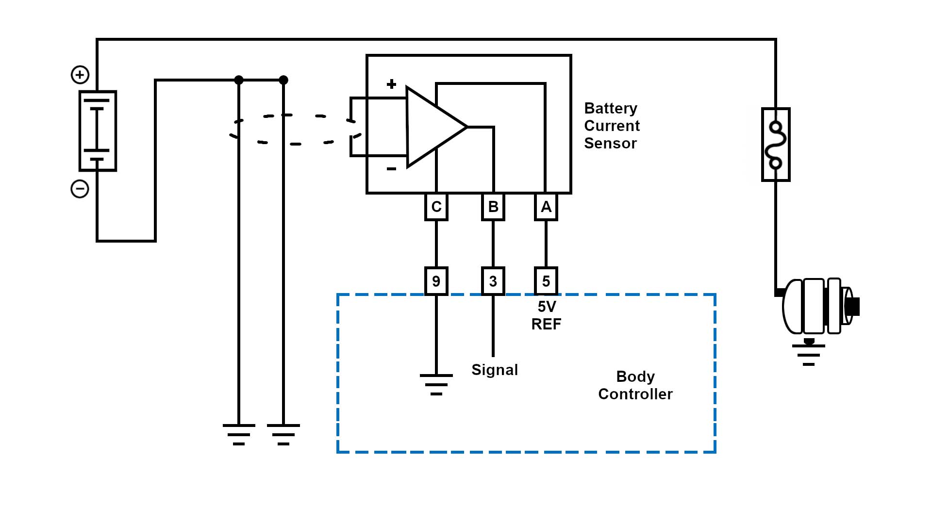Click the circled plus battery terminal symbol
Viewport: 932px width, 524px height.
point(80,75)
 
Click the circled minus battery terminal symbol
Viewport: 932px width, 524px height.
point(80,189)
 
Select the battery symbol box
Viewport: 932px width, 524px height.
point(98,131)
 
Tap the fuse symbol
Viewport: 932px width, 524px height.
point(776,145)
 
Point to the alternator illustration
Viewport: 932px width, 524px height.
point(818,306)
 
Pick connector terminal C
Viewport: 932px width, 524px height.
point(436,207)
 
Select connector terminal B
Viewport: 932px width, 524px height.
point(493,207)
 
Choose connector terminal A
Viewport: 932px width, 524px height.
point(546,207)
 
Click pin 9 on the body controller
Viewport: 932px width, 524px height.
point(436,281)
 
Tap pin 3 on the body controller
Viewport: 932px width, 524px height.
point(493,281)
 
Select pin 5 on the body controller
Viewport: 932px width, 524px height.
point(546,281)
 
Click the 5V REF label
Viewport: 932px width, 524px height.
point(547,315)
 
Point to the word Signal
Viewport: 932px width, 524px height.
point(495,370)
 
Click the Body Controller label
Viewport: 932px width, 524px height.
point(635,385)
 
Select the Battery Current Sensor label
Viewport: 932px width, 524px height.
point(612,126)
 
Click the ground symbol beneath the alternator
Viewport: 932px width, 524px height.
point(809,355)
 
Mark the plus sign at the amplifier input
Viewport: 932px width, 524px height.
point(391,84)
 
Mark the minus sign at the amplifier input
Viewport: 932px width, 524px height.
point(391,169)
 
